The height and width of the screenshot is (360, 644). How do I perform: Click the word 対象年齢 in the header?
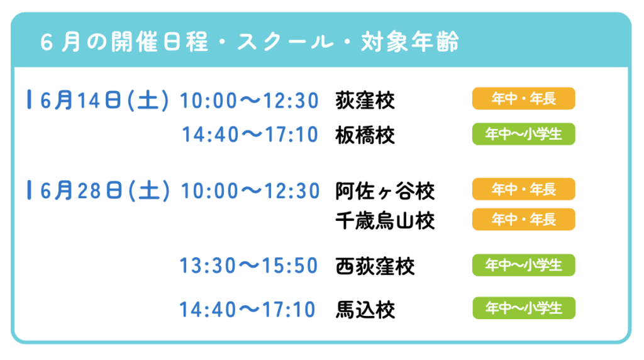[x=410, y=42]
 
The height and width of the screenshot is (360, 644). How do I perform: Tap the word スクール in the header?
[x=285, y=42]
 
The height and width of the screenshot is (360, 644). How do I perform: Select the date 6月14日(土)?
[x=104, y=100]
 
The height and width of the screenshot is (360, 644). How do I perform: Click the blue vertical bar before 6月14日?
[x=29, y=99]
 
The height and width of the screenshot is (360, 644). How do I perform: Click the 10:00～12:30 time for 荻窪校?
[x=249, y=101]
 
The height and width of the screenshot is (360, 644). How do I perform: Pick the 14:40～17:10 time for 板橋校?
[x=250, y=135]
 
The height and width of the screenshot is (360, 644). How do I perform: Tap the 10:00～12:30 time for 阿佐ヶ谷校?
[x=250, y=191]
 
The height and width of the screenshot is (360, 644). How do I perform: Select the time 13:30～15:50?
[x=249, y=266]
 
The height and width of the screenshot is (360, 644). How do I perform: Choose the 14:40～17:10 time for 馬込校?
[x=248, y=310]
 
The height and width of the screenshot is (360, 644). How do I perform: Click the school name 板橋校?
[x=365, y=135]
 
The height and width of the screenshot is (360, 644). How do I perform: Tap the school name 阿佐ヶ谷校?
[x=386, y=191]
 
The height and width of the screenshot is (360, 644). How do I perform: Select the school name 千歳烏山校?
[x=386, y=222]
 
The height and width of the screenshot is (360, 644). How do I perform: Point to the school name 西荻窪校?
[x=375, y=266]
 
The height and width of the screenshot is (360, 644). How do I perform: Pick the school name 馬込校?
[x=365, y=310]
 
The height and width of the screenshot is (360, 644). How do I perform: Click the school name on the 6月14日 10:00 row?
[x=365, y=101]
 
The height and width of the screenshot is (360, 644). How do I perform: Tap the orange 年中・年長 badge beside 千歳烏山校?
[x=524, y=220]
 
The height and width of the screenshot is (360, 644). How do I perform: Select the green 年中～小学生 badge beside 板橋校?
[x=524, y=134]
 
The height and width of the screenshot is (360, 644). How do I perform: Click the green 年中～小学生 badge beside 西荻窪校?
[x=524, y=265]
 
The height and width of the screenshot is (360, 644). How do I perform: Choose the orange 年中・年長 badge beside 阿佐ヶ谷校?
[x=524, y=189]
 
